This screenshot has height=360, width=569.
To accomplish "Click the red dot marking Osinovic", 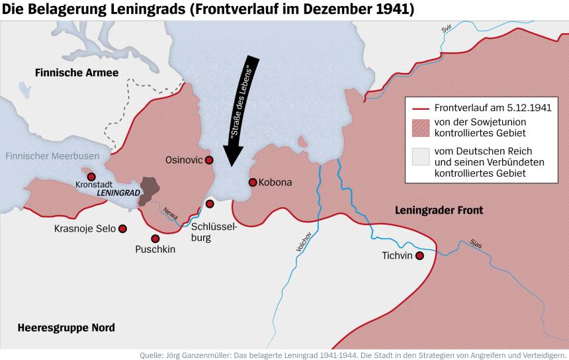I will tap(209, 160).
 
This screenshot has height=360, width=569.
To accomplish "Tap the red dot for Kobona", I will tap(252, 182).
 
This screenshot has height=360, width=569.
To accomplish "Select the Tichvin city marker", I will tap(419, 255).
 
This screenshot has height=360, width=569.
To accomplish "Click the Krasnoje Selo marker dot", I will tap(122, 228).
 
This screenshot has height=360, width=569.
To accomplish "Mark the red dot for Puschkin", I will tap(155, 238).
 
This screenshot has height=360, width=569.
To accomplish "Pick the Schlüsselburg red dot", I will tap(210, 204).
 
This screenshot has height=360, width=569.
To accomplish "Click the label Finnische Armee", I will tap(67, 73).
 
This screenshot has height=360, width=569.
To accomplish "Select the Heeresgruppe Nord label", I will tap(66, 328).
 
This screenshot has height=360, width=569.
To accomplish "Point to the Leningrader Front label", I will tap(439, 210).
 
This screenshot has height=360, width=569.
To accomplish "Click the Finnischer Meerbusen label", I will tap(52, 156).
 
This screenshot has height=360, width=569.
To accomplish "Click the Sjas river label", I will tap(476, 243).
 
